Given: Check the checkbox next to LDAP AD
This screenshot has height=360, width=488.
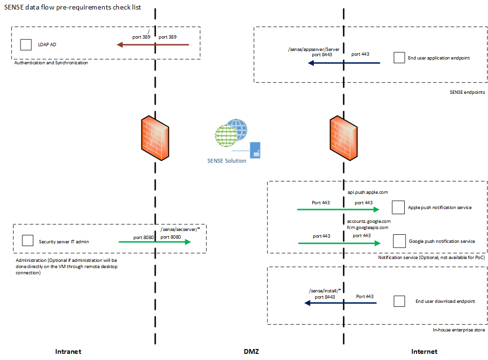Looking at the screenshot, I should (x=26, y=45).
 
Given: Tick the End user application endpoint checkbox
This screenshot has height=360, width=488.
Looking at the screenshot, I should (x=399, y=58).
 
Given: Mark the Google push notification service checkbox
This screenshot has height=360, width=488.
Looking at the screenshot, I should (x=399, y=241).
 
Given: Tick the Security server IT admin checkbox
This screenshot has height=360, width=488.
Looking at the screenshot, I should (x=28, y=240).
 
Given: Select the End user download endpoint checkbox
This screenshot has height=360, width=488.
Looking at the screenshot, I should (x=399, y=301).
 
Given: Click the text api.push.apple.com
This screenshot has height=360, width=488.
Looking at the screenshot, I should (x=368, y=192).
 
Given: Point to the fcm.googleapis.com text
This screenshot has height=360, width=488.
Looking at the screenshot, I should (x=368, y=228).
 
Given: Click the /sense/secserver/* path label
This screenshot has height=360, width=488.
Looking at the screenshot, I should (x=181, y=229).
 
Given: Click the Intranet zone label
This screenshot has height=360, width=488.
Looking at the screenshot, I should (x=69, y=351).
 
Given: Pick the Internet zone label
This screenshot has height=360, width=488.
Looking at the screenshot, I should (x=424, y=351).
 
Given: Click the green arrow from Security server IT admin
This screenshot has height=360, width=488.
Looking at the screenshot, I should (x=155, y=242).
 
